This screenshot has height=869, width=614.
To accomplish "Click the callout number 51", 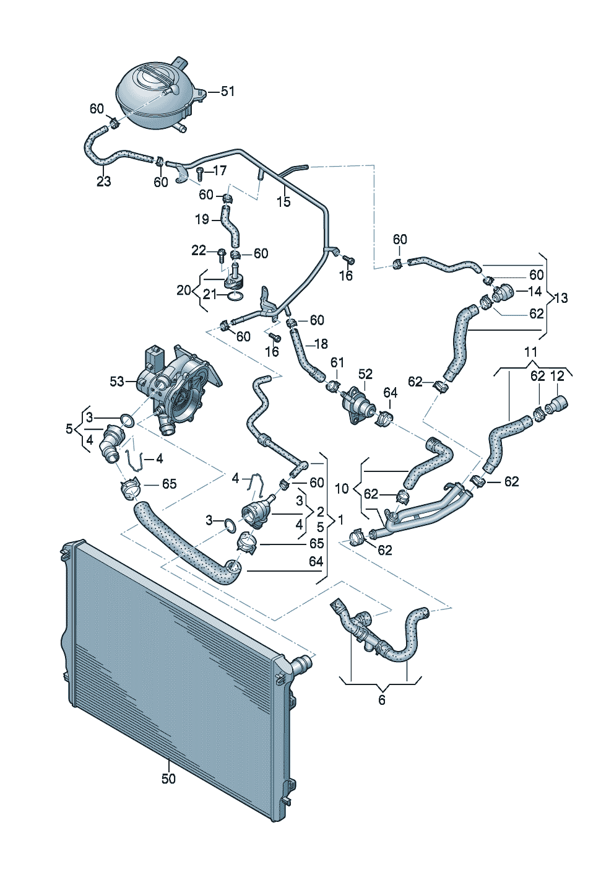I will coord(228,92).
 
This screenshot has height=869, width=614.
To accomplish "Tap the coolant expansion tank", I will coord(155,96).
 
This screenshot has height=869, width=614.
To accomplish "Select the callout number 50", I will coord(168,779).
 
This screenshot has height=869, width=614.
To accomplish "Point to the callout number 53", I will coord(117,382).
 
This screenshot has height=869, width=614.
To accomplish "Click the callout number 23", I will coord(103,181).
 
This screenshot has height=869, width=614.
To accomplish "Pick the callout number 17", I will coord(220,170).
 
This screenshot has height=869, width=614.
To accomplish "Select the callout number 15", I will coord(283,202).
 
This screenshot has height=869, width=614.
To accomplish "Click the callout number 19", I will coord(202,219).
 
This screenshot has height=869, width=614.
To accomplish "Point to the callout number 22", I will coord(198,250).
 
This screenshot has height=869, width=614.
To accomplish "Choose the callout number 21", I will coord(210,295).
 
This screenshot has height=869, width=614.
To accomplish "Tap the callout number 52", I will coord(366,373).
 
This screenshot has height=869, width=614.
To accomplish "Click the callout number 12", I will coord(557,375).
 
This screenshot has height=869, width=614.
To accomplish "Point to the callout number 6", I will coord(381,700).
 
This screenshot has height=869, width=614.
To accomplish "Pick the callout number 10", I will coord(342,489).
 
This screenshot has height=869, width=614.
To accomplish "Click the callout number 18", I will coord(321,344).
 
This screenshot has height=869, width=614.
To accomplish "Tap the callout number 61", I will coord(337,362).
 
